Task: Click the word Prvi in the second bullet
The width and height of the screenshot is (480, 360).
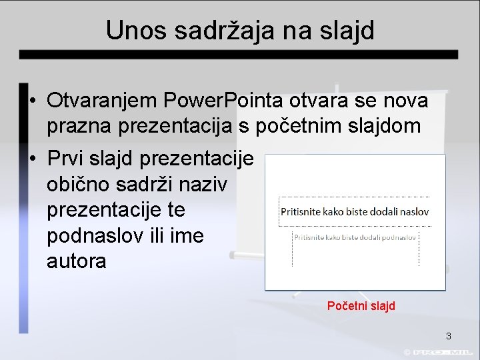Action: point(66,159)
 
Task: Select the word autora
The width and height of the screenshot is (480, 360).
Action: point(76,261)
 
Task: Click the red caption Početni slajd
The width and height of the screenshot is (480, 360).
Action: point(361,306)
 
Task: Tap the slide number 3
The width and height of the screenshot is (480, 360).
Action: point(449,336)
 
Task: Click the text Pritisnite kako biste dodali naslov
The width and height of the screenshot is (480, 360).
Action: point(355,213)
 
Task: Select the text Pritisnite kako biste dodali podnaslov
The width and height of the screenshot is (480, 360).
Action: point(356,237)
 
